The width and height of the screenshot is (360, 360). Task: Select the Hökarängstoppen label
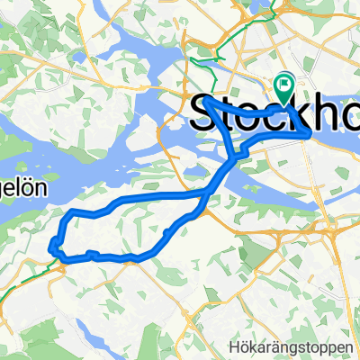[309, 346]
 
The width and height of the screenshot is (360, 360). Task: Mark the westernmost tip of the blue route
[51, 245]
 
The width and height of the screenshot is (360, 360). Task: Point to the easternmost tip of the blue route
[312, 133]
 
